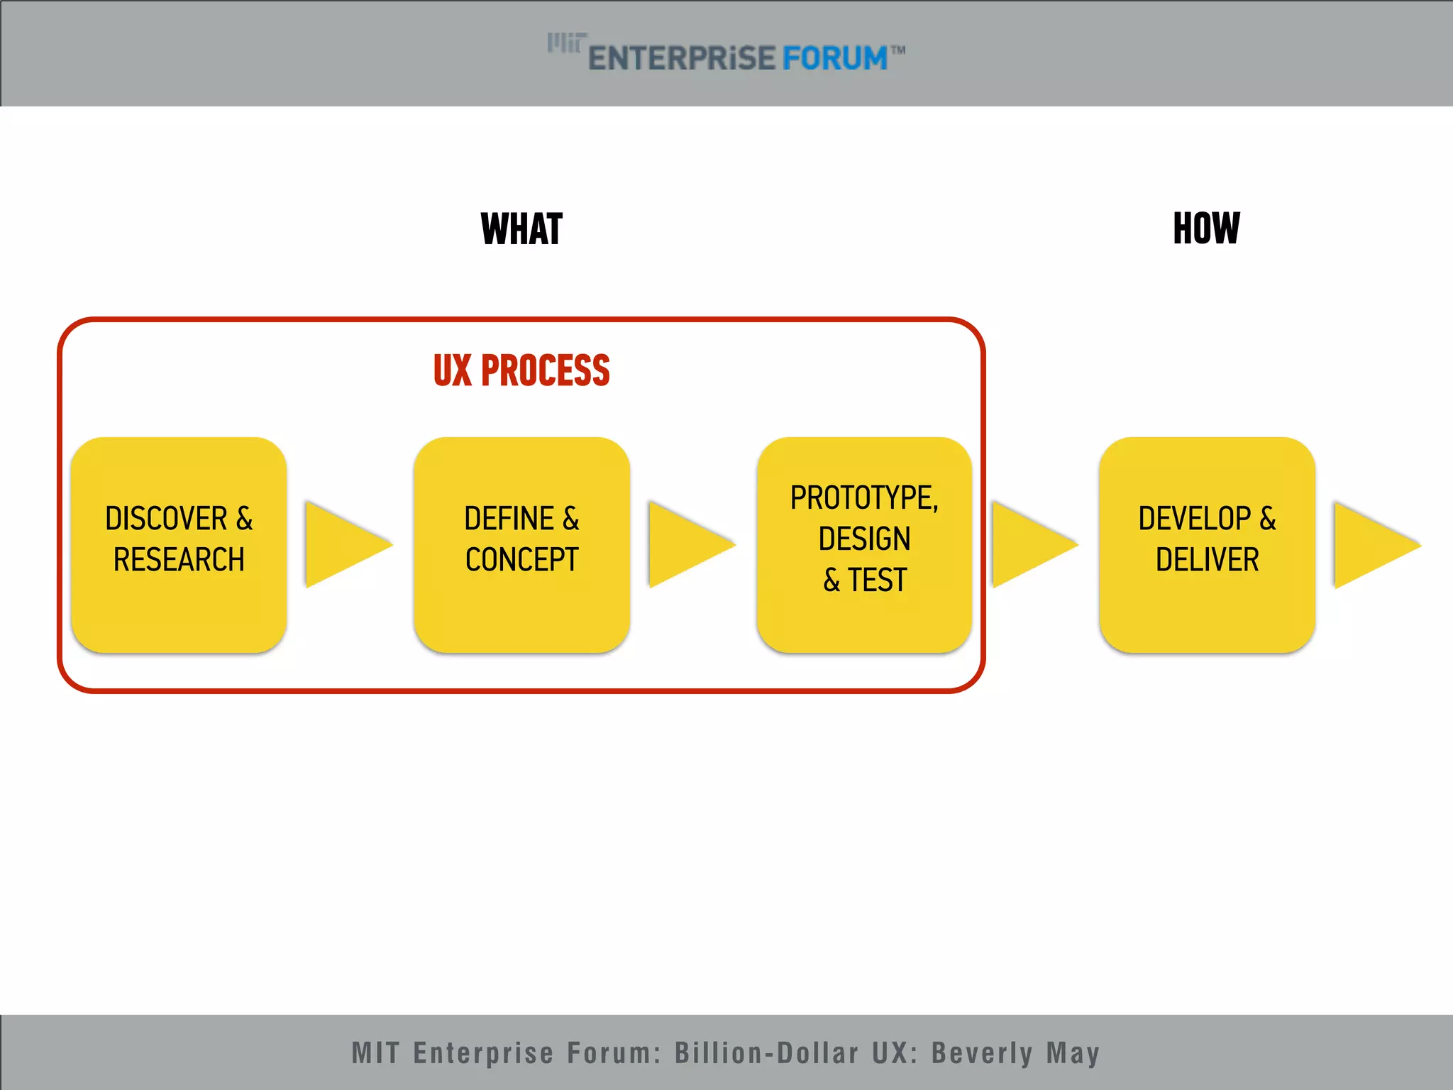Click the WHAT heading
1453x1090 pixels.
tap(521, 229)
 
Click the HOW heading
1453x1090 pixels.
tap(1206, 229)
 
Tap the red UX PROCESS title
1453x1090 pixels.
tap(521, 370)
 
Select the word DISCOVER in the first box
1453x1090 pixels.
tap(166, 519)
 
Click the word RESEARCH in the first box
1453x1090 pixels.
tap(179, 560)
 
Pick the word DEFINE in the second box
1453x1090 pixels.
tap(509, 519)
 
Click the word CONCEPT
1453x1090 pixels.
tap(521, 560)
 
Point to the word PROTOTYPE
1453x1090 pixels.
tap(861, 498)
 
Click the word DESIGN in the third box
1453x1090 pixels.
tap(864, 539)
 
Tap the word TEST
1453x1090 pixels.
tap(878, 580)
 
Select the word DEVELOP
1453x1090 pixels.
tap(1195, 519)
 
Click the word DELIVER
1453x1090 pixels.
tap(1207, 560)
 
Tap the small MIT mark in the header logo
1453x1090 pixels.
tap(566, 43)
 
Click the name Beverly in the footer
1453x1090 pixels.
tap(982, 1053)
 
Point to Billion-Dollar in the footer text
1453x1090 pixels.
tap(766, 1053)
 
